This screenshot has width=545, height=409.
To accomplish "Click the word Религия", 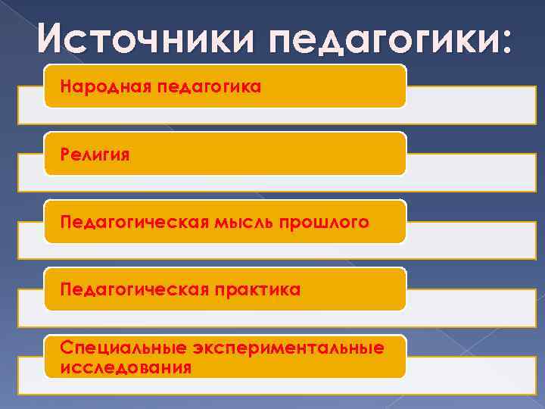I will point(96,155).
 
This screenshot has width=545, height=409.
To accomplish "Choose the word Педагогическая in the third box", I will point(133,222).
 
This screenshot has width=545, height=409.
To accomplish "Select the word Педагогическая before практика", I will point(133,289).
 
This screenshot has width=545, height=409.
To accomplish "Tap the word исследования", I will point(125,367).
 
